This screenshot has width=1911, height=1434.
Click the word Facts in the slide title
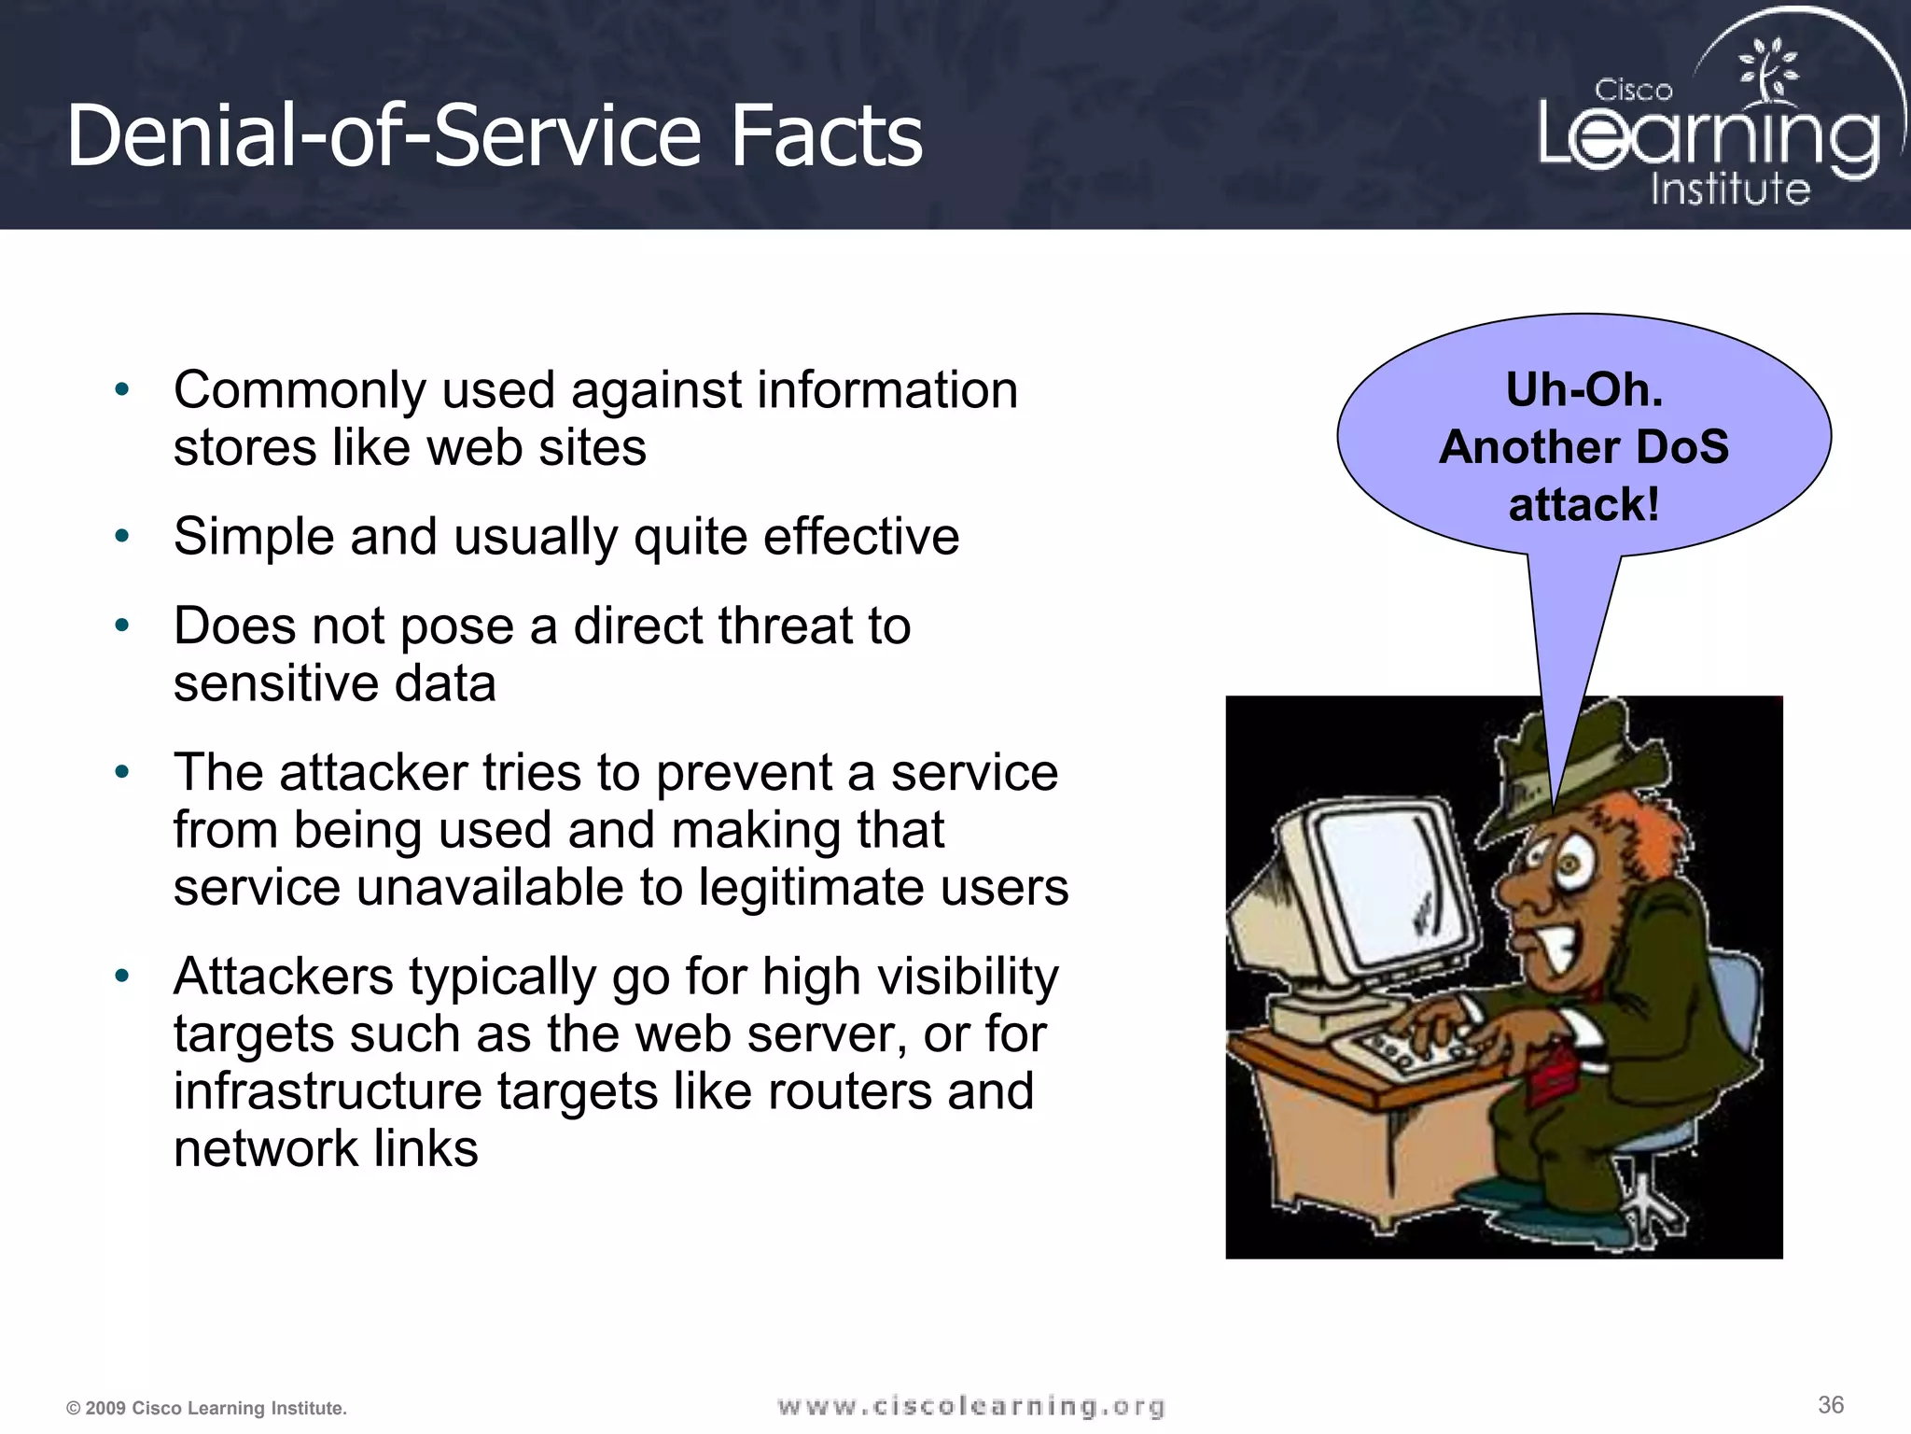(826, 136)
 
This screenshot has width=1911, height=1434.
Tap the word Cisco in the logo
(1633, 91)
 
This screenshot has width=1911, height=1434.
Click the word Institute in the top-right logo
(1730, 190)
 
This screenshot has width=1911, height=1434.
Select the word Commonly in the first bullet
(300, 390)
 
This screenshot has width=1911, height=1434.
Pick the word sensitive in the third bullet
(275, 683)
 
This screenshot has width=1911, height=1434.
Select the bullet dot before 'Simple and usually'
(121, 536)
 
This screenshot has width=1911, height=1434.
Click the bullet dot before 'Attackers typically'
(121, 977)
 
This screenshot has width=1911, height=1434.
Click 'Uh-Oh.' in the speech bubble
(1584, 389)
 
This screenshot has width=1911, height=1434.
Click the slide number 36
(1831, 1405)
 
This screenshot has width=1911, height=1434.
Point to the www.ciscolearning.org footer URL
(970, 1406)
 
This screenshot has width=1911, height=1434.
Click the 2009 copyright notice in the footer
(206, 1408)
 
